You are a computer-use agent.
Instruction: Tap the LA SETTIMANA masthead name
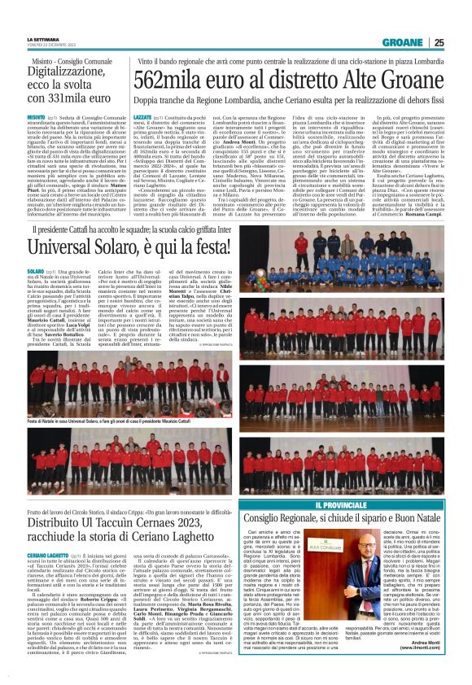pyautogui.click(x=42, y=39)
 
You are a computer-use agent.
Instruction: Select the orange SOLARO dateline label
pyautogui.click(x=36, y=269)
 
